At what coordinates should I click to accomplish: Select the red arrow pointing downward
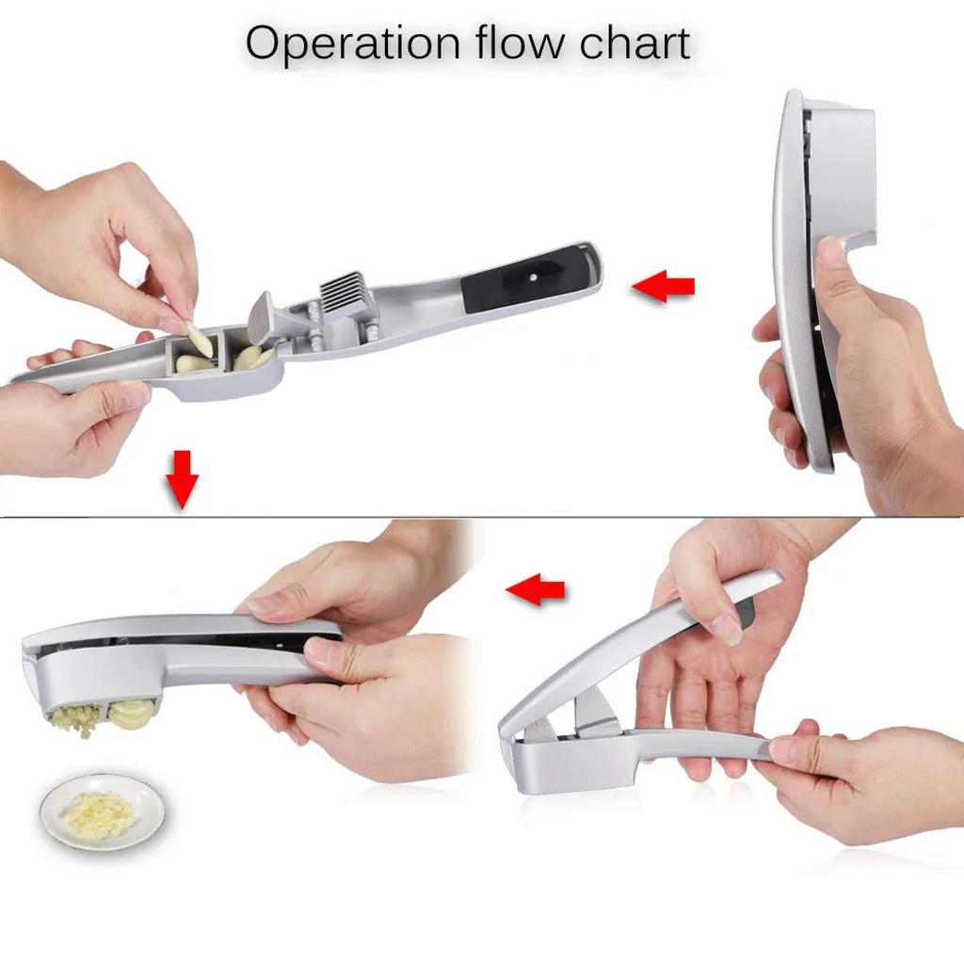tap(182, 478)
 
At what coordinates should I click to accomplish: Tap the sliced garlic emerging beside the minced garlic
tap(131, 714)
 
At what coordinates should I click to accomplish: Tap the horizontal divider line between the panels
tap(482, 517)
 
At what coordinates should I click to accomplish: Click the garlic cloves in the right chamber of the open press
tap(251, 358)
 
